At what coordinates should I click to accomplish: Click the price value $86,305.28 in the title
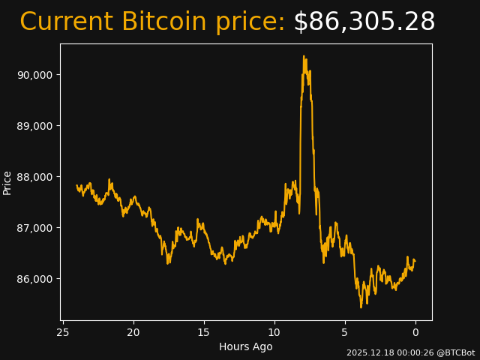pos(364,22)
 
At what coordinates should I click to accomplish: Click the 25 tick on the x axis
pos(63,332)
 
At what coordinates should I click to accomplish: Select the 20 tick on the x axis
pos(133,332)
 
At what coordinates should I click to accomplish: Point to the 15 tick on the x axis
pos(204,332)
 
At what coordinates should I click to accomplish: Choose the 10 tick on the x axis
pos(274,332)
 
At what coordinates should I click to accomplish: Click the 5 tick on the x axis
pos(345,332)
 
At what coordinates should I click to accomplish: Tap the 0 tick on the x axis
pos(415,332)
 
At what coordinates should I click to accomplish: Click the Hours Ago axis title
pos(246,346)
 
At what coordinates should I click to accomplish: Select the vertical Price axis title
pos(7,182)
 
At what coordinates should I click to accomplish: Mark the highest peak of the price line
pos(304,56)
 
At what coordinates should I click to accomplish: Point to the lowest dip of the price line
pos(361,307)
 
